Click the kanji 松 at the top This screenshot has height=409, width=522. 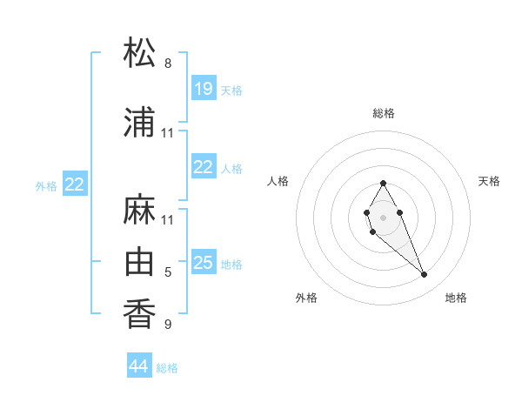(x=140, y=53)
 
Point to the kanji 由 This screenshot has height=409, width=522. (x=140, y=261)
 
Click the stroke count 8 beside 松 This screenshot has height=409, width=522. (x=168, y=64)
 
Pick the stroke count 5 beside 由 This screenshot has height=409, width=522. (x=168, y=272)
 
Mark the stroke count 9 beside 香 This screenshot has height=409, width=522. (x=168, y=325)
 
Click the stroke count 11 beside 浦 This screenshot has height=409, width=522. (x=168, y=133)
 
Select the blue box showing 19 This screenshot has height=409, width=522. (x=204, y=88)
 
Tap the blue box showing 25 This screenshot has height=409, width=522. (x=204, y=262)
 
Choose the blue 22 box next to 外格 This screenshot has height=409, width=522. (x=75, y=184)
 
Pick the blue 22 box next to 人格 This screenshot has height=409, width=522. (x=204, y=166)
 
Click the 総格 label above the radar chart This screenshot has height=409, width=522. (x=384, y=113)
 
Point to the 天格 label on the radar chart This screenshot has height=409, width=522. (x=490, y=181)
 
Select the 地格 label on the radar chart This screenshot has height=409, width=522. (x=456, y=298)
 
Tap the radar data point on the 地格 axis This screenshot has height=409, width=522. (x=424, y=275)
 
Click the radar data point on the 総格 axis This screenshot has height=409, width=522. (x=383, y=183)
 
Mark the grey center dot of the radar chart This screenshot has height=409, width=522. (x=383, y=216)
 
